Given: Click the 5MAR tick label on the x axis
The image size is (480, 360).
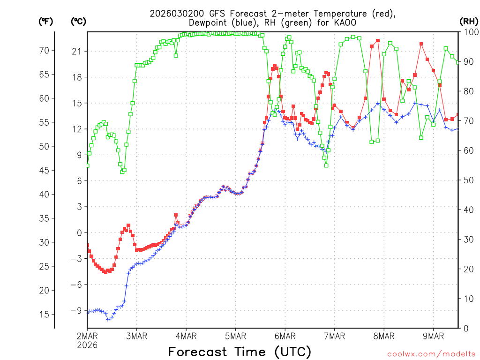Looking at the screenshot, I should click(x=235, y=336).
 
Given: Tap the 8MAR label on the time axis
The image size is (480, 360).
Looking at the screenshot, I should click(x=383, y=336).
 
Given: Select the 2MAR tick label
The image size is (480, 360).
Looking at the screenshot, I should click(x=87, y=336).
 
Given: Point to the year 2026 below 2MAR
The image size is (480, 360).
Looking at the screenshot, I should click(x=87, y=345).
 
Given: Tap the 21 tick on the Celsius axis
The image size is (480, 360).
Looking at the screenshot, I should click(x=76, y=51).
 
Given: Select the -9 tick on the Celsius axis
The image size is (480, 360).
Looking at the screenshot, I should click(x=75, y=310).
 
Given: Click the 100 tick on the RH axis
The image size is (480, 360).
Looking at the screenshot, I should click(x=469, y=32).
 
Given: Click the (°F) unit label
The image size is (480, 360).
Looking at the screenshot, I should click(x=45, y=21).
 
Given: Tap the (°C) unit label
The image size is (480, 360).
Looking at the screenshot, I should click(x=78, y=21).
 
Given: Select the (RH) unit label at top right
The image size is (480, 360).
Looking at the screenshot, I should click(x=469, y=21).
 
